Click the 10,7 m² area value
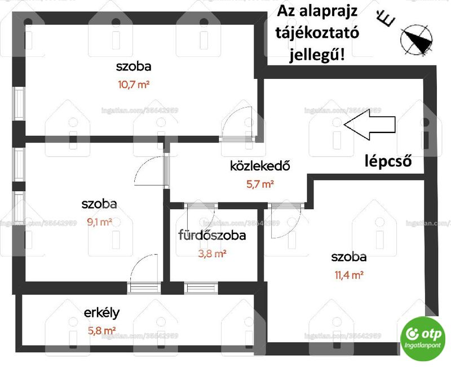click(x=134, y=85)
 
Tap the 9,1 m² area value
click(x=100, y=222)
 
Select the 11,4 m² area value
click(x=349, y=275)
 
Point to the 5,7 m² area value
click(x=260, y=184)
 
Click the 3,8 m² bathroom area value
click(x=213, y=253)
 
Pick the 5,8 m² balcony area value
click(x=102, y=330)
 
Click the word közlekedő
click(x=260, y=166)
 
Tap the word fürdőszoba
click(x=213, y=235)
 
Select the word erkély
click(x=102, y=313)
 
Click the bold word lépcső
click(x=388, y=161)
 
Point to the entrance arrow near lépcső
click(x=370, y=125)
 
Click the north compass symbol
click(x=417, y=39)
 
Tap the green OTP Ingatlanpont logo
click(x=422, y=339)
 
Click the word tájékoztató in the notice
click(x=317, y=33)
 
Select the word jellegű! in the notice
click(x=317, y=54)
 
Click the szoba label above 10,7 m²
click(x=134, y=67)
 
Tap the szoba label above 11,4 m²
click(x=349, y=257)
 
